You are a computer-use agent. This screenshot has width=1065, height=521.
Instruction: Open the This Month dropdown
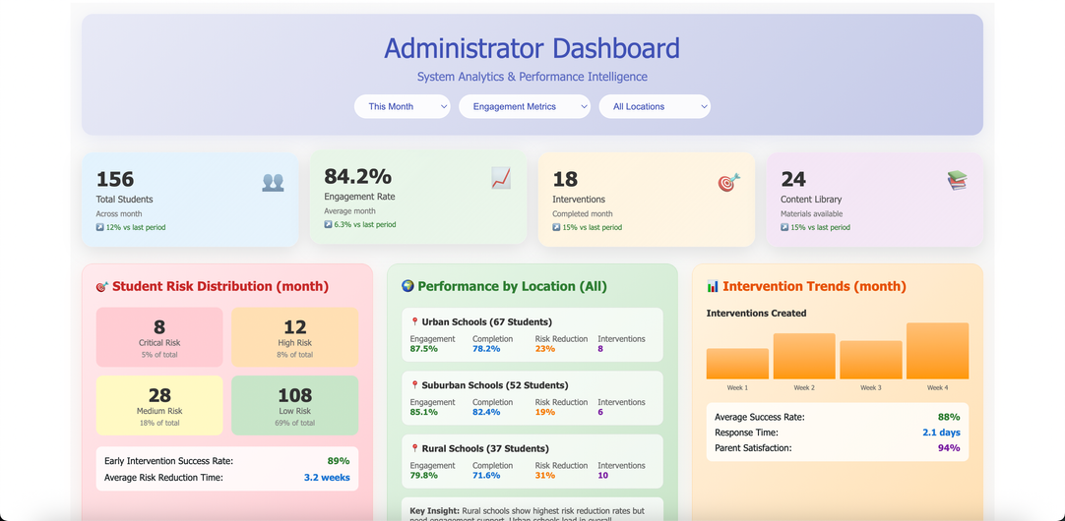[x=402, y=106]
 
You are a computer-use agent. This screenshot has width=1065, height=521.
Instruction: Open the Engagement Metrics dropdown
[x=524, y=106]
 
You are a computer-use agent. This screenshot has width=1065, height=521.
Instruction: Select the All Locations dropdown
[x=654, y=106]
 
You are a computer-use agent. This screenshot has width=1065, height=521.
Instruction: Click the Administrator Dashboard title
[x=532, y=48]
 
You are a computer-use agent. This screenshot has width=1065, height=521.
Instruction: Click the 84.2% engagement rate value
[x=357, y=176]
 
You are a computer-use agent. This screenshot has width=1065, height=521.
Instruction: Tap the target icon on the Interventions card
[x=728, y=182]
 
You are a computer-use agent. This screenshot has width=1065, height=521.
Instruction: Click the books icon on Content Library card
[x=957, y=180]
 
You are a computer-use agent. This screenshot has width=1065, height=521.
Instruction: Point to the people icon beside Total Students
[x=273, y=182]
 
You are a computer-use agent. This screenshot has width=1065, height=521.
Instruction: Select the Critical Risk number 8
[x=159, y=327]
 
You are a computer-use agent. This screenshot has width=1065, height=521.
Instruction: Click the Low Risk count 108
[x=294, y=395]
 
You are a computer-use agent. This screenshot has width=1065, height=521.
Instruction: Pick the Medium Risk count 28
[x=159, y=395]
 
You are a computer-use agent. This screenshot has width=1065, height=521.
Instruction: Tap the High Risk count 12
[x=294, y=327]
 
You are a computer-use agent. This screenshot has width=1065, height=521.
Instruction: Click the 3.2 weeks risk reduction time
[x=327, y=478]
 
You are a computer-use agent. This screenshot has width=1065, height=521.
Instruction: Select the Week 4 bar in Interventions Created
[x=937, y=351]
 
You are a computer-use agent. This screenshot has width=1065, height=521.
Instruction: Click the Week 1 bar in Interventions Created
[x=737, y=364]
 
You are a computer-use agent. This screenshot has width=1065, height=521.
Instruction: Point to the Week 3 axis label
[x=870, y=388]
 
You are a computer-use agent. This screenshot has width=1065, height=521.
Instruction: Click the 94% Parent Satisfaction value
[x=949, y=448]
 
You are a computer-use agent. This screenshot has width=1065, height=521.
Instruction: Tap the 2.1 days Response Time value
[x=941, y=433]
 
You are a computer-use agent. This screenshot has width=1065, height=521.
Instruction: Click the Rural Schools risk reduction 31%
[x=544, y=476]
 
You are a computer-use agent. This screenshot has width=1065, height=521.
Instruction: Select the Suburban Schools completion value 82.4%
[x=486, y=412]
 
